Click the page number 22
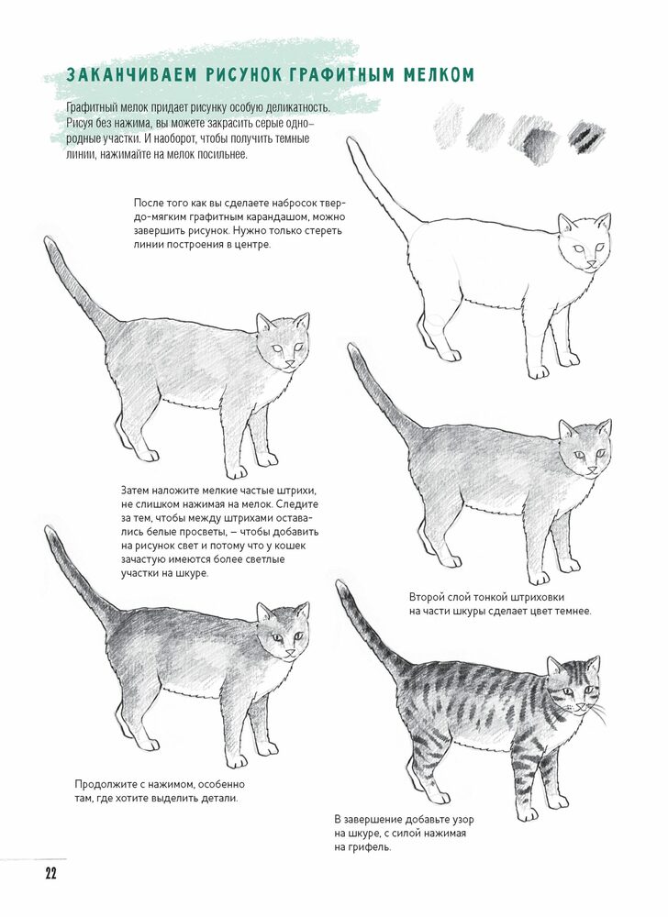click(x=50, y=874)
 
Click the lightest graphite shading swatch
click(x=449, y=125)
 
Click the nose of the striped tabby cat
click(x=580, y=706)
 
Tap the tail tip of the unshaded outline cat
click(x=350, y=141)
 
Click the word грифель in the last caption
click(x=369, y=846)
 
